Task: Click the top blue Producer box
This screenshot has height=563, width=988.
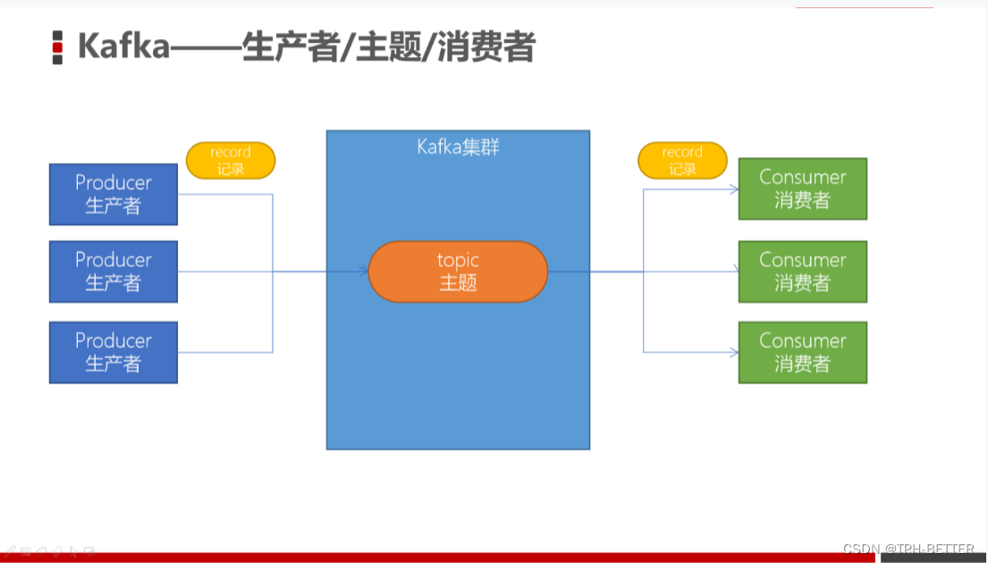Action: [x=114, y=194]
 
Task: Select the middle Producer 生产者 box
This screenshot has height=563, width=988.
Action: [x=114, y=271]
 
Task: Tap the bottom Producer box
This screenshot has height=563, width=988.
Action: [x=114, y=352]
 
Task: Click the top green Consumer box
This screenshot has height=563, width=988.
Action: [x=802, y=189]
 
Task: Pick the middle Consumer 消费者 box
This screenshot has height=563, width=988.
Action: [x=802, y=272]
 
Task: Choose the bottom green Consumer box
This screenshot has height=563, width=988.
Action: [x=802, y=352]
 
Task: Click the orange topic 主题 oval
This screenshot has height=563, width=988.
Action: [x=458, y=271]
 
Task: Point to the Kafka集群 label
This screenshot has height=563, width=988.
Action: [x=458, y=147]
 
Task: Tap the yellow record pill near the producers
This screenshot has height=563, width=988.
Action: [x=231, y=160]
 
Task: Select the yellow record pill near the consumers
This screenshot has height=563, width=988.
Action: [x=682, y=160]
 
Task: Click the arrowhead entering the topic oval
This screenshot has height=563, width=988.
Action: [x=363, y=271]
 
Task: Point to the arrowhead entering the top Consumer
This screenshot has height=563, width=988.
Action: [x=734, y=189]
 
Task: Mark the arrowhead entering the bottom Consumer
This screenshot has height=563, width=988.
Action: [x=734, y=352]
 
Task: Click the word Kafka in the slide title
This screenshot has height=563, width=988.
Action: [x=123, y=46]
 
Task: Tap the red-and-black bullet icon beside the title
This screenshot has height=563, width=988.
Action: [x=58, y=47]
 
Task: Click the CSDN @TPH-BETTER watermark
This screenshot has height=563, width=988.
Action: [x=908, y=549]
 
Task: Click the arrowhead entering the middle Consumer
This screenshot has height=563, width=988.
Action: [x=734, y=272]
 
